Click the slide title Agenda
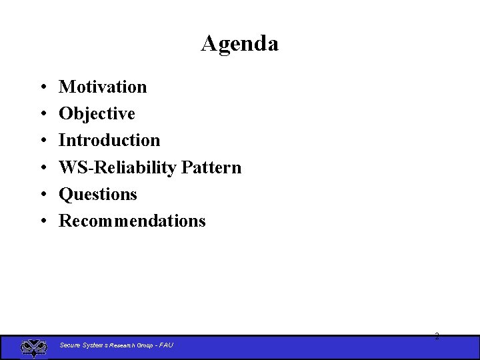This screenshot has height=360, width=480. coord(239,43)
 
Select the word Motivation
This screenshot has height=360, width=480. coord(103,87)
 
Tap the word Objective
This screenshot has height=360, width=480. coord(97,113)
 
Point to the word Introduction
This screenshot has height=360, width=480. coord(109,140)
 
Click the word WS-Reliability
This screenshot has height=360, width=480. coord(117,167)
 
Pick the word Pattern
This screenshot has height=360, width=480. coord(211,167)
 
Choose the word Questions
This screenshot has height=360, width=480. coord(98,194)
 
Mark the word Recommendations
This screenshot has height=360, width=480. coord(132,221)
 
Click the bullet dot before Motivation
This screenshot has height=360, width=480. coord(42,87)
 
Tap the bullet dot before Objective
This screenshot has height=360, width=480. coord(42,114)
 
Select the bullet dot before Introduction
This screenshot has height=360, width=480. coord(42,141)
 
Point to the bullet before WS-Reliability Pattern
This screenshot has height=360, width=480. coord(42,168)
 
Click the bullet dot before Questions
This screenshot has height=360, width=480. coord(42,195)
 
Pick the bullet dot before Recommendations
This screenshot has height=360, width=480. coord(42,221)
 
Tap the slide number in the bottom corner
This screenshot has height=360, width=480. coord(437,336)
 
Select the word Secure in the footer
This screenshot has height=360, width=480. coord(69,345)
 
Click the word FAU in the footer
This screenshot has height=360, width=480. coord(166,345)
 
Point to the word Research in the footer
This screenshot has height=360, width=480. coord(121,345)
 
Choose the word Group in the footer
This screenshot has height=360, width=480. coord(145,345)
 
